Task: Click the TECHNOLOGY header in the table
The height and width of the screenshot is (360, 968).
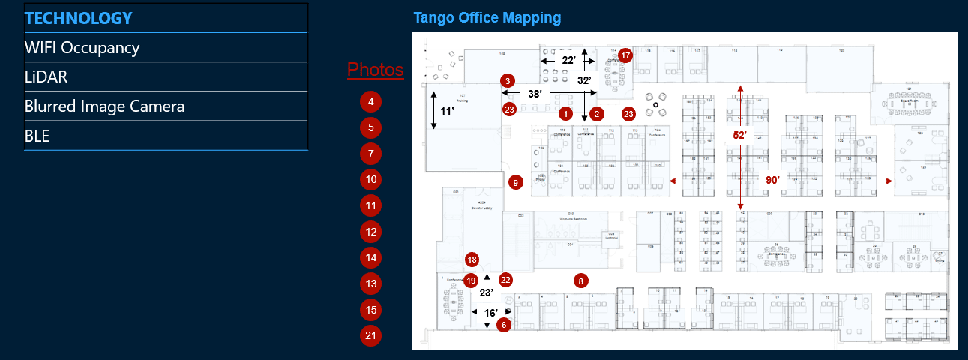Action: [79, 19]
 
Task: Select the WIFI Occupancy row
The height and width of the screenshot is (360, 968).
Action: [82, 48]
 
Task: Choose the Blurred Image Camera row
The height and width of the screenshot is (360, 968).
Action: [105, 106]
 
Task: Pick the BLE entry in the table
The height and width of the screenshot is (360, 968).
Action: [37, 136]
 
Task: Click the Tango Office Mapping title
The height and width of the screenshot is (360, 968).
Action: [487, 18]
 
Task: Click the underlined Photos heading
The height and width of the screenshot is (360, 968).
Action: [376, 70]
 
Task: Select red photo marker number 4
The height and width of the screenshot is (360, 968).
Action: [370, 101]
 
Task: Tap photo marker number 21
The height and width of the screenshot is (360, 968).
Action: [370, 335]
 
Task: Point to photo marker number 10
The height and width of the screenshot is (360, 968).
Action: [370, 179]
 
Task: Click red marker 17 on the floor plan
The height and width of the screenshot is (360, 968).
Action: [625, 55]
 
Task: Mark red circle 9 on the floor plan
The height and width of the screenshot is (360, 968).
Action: [515, 182]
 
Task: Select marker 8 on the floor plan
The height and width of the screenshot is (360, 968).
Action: [580, 281]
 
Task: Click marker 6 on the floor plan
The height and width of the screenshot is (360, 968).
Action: [504, 325]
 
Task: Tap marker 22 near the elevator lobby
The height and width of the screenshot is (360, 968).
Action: [505, 280]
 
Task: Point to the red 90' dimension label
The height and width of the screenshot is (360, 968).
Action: [772, 180]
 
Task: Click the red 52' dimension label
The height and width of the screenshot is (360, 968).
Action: [741, 135]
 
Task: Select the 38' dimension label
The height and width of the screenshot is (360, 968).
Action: [534, 94]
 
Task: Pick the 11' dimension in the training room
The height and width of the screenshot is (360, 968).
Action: [447, 111]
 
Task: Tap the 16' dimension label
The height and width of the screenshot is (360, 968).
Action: [490, 313]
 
